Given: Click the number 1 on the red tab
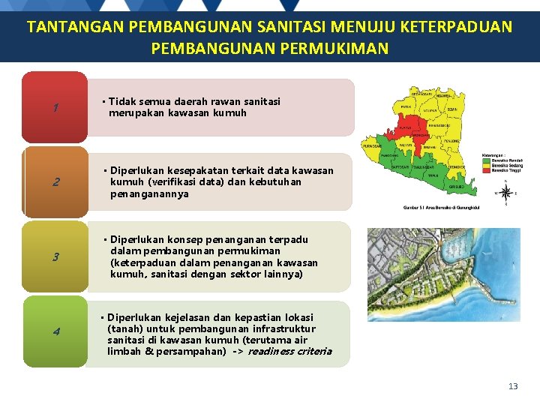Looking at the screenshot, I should [x=55, y=108].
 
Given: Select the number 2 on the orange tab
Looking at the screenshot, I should [x=55, y=182].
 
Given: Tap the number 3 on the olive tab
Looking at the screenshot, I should [x=55, y=257].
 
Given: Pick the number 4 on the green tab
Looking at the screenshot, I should [x=55, y=332].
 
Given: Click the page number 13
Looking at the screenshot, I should [x=513, y=386].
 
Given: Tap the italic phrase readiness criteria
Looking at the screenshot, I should [x=289, y=351].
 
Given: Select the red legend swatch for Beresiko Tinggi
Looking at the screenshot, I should [x=485, y=170].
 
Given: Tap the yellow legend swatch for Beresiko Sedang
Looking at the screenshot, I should [x=485, y=165].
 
